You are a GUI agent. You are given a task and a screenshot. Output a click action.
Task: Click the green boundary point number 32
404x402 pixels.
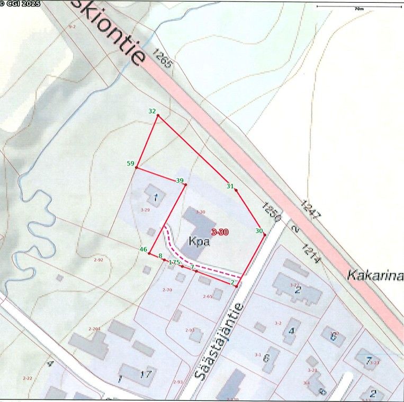pyautogui.click(x=152, y=111)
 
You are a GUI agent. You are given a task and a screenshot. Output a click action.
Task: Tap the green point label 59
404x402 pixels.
pyautogui.click(x=130, y=164)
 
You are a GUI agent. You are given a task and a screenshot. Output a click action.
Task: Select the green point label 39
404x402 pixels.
pyautogui.click(x=179, y=181)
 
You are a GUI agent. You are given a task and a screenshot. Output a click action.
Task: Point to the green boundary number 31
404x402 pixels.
pyautogui.click(x=230, y=186)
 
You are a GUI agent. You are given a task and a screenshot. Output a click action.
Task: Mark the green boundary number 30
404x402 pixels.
pyautogui.click(x=259, y=231)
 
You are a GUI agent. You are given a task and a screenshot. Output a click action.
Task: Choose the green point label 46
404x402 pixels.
pyautogui.click(x=143, y=249)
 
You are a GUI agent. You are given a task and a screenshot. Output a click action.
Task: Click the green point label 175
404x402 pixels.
pyautogui.click(x=174, y=263)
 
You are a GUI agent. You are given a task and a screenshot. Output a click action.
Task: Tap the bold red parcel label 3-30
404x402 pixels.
pyautogui.click(x=220, y=232)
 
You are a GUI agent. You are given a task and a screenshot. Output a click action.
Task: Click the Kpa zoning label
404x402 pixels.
pyautogui.click(x=199, y=243)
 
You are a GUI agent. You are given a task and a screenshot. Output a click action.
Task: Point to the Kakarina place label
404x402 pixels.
pyautogui.click(x=375, y=276)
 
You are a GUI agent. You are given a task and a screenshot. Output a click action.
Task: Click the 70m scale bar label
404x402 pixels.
pyautogui.click(x=359, y=9)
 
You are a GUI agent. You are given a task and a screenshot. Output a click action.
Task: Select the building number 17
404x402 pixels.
pyautogui.click(x=146, y=374)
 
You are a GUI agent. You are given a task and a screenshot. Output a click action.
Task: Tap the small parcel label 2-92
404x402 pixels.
pyautogui.click(x=98, y=260)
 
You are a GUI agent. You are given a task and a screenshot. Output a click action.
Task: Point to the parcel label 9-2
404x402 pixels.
pyautogui.click(x=72, y=26)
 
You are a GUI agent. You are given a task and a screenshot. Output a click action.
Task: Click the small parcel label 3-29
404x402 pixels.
pyautogui.click(x=146, y=210)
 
